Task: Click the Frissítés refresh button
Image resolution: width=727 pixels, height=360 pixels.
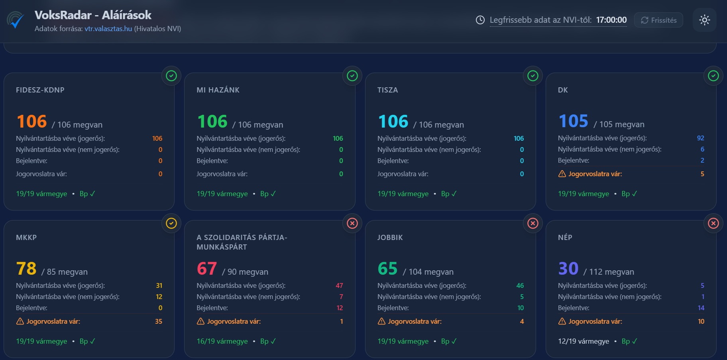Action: tap(658, 20)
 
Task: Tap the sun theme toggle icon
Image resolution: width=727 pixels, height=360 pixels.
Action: tap(704, 20)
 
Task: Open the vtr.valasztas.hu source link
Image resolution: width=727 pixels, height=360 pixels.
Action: tap(108, 29)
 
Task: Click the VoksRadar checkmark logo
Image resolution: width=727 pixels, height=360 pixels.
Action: tap(16, 20)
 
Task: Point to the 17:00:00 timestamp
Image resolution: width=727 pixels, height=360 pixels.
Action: tap(611, 20)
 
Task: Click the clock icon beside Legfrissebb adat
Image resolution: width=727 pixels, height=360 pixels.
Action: tap(480, 20)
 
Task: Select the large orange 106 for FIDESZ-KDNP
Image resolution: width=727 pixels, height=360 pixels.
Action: tap(32, 122)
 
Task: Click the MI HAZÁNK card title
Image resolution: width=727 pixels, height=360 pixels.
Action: tap(218, 90)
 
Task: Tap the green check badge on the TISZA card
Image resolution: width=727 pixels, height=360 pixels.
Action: tap(533, 76)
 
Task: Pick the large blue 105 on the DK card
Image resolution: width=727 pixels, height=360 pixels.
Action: tap(574, 121)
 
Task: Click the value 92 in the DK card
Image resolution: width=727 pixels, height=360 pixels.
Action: tap(700, 138)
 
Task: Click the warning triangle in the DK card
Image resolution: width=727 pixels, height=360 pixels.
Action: tap(562, 174)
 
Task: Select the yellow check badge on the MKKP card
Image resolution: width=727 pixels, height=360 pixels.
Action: tap(171, 223)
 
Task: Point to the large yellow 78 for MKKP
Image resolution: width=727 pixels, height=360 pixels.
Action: tap(26, 269)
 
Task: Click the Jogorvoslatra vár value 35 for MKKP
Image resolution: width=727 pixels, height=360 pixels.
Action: tap(159, 321)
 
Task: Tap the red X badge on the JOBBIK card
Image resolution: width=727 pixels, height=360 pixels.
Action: tap(533, 223)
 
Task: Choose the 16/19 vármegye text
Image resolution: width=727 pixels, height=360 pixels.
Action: tap(222, 341)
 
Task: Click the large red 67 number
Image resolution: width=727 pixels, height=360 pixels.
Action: tap(207, 269)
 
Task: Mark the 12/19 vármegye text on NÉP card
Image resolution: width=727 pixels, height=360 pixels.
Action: tap(584, 341)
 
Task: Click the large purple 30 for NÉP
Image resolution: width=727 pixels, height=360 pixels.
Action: tap(568, 269)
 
